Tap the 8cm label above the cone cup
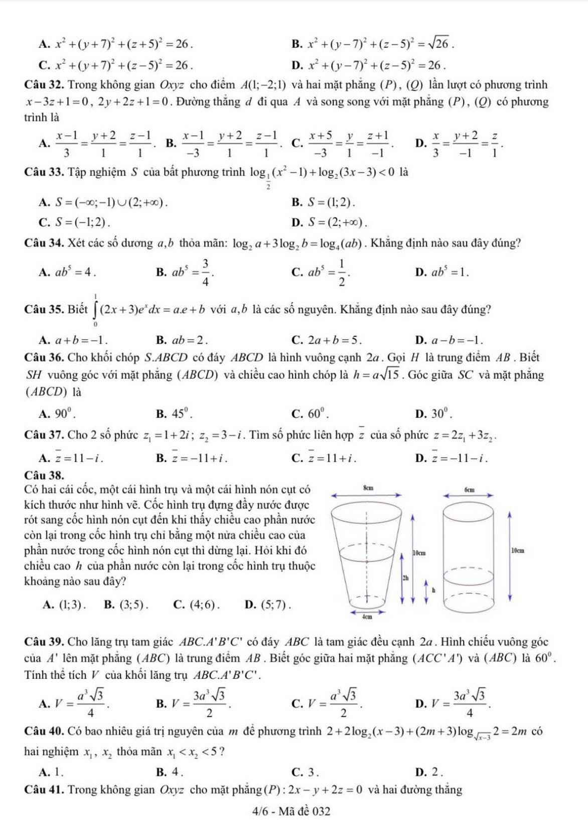pos(368,488)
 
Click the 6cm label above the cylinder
pos(470,489)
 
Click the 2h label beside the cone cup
pos(405,578)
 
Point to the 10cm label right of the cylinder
pos(518,551)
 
